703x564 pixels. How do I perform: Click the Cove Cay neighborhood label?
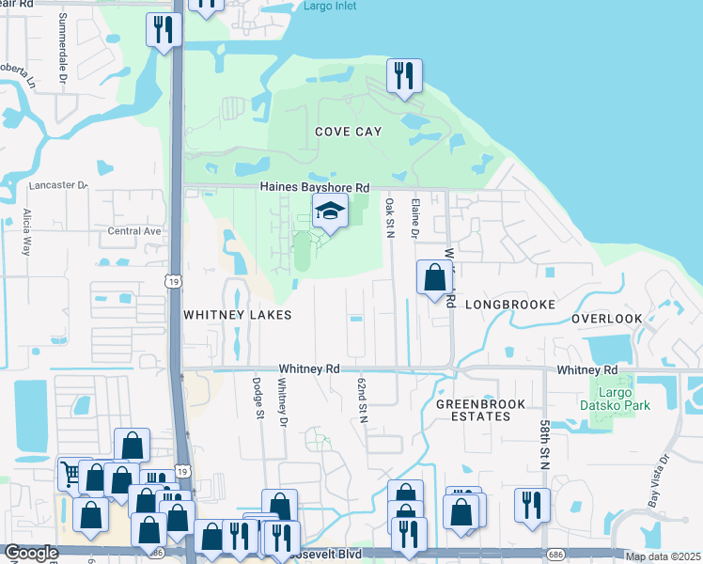(x=349, y=132)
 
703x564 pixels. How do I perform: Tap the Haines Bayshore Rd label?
(x=315, y=188)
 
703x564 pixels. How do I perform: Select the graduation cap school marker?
(x=330, y=212)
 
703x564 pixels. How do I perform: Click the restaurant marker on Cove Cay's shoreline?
(x=404, y=77)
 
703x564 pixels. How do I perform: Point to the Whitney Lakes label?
(x=237, y=315)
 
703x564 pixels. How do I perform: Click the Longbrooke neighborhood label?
(x=509, y=305)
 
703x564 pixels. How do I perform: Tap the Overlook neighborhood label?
(x=607, y=319)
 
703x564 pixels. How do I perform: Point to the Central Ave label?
(x=135, y=230)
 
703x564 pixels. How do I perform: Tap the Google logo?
(x=31, y=553)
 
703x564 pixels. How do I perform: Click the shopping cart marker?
(x=71, y=473)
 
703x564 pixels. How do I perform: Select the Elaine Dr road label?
(x=414, y=217)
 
